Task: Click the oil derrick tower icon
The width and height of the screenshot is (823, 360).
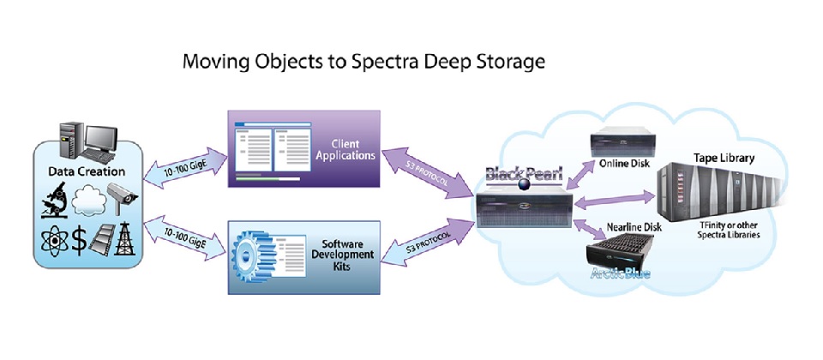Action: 129,237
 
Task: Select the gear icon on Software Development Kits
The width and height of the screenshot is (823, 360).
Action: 255,248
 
